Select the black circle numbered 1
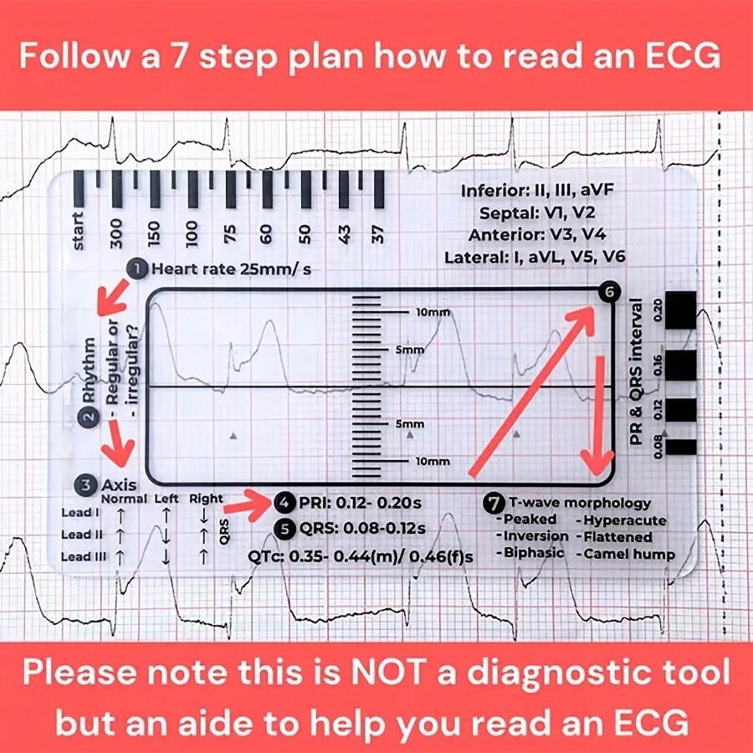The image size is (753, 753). tap(134, 269)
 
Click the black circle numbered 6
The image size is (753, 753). tap(608, 292)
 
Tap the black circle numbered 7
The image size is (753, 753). tap(494, 503)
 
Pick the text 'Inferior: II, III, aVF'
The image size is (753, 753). tap(538, 191)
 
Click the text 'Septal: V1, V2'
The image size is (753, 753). tap(538, 213)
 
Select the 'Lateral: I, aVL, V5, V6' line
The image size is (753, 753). tap(538, 257)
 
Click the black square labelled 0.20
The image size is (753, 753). tap(684, 309)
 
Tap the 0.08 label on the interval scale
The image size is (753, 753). tap(660, 447)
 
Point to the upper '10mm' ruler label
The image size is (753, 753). tap(433, 312)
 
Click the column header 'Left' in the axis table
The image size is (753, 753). tap(166, 499)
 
